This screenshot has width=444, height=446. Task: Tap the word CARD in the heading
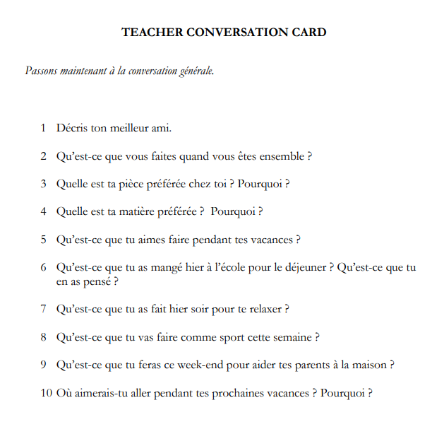[x=309, y=33]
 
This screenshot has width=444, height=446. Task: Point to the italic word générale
[x=194, y=71]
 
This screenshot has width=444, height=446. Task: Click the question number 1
[x=43, y=128]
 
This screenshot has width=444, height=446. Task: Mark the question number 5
[x=43, y=240]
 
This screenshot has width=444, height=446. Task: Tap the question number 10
[x=46, y=393]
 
